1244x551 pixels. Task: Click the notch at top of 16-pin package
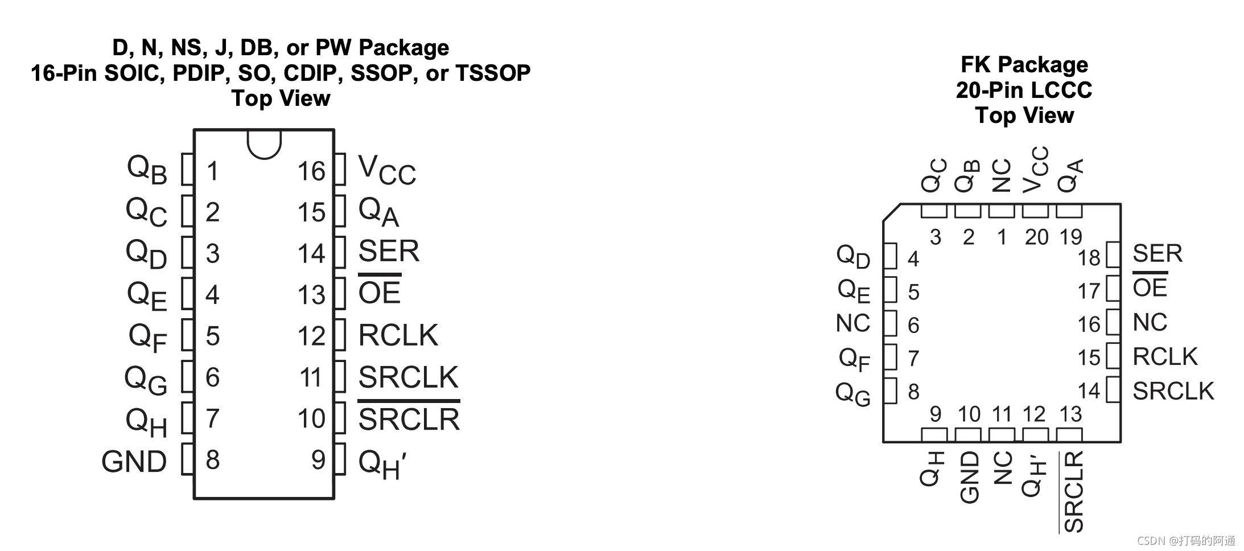264,143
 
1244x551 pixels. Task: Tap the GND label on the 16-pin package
134,462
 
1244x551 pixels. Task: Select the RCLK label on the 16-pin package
398,335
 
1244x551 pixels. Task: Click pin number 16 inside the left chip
311,171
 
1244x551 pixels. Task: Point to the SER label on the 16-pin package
389,251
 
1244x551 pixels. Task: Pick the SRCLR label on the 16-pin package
409,420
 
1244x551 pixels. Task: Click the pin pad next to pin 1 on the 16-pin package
188,169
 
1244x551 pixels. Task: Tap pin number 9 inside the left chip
318,460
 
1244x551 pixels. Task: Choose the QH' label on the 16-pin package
381,464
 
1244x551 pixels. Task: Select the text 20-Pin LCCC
1024,90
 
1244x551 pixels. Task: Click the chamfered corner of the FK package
891,212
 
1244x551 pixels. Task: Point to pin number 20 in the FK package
1036,237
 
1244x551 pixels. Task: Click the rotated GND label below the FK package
969,477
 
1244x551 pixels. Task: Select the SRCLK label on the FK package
1173,391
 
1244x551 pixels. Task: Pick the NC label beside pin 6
853,323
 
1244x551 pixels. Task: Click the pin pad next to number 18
1113,254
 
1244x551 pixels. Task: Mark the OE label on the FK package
1150,288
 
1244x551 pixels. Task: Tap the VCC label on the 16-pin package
387,170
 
